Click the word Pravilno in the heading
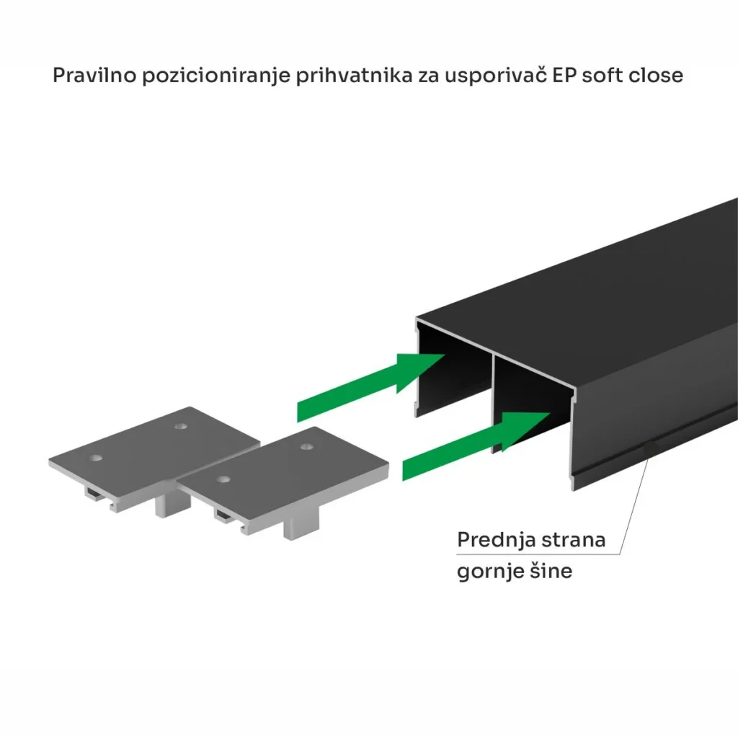point(94,76)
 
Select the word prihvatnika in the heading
point(354,76)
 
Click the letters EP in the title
point(564,76)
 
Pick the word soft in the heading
point(599,76)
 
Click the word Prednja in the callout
point(496,540)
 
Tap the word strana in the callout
point(573,540)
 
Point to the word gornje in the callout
point(490,572)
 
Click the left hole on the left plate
point(96,458)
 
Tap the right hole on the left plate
point(181,427)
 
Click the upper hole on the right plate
point(307,446)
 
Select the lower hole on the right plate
point(224,480)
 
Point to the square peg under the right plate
point(301,526)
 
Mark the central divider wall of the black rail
point(494,404)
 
